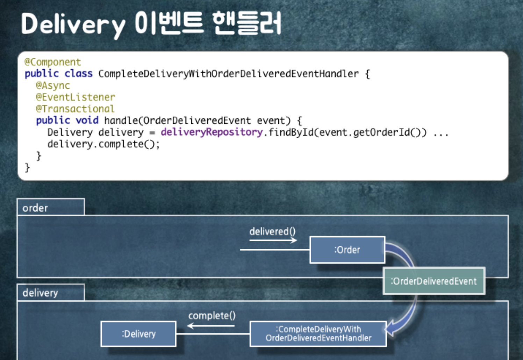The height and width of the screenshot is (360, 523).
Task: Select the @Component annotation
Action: (53, 62)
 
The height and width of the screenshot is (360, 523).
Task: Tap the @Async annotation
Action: (53, 86)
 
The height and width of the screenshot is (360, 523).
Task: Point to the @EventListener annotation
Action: (76, 97)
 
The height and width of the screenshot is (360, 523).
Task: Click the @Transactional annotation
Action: (75, 109)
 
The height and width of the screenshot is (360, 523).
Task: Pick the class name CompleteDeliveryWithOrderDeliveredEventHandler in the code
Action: (228, 74)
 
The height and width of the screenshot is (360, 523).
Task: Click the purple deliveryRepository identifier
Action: (212, 132)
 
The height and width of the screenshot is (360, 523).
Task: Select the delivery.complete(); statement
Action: (103, 144)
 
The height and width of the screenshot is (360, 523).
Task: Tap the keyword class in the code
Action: (79, 74)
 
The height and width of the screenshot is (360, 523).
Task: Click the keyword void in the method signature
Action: (87, 121)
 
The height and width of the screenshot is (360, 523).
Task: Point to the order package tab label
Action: (35, 208)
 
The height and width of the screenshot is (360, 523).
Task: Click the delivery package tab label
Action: (40, 293)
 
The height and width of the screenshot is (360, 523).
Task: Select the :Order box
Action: (347, 250)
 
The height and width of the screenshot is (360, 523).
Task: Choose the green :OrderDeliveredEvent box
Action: (434, 281)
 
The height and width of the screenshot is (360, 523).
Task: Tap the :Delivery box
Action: (138, 334)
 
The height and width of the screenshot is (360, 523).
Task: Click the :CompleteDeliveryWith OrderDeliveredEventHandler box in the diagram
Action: (318, 334)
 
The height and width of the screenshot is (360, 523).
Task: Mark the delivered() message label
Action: (272, 231)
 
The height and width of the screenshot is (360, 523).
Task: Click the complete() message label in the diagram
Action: (212, 316)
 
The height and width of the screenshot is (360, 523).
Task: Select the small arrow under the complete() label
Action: (211, 326)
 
